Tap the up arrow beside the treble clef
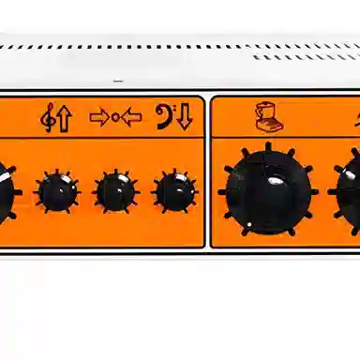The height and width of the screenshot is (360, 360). [63, 119]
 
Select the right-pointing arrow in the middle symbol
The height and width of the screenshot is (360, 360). [98, 119]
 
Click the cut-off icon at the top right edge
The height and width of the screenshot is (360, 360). [355, 116]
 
